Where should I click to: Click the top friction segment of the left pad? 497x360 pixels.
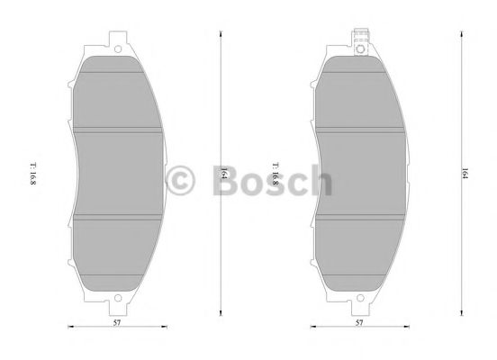tap(118, 94)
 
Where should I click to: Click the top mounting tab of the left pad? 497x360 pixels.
tap(116, 44)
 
